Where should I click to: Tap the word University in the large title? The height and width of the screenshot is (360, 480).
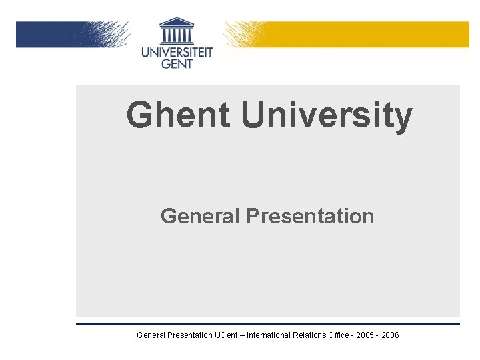[x=327, y=116]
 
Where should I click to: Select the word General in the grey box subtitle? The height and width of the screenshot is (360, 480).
[x=201, y=216]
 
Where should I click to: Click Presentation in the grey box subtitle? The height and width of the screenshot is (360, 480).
[x=310, y=216]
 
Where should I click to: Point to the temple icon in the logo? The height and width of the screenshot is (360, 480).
[x=177, y=31]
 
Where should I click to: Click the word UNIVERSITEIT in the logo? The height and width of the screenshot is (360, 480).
[x=177, y=51]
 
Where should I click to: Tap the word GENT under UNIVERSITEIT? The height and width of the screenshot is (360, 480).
[x=177, y=63]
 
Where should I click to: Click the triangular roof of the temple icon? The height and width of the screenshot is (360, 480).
[x=177, y=22]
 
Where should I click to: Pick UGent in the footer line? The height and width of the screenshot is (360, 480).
[x=229, y=335]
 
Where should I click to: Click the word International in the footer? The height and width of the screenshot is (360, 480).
[x=273, y=335]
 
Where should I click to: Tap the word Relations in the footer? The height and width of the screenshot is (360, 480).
[x=319, y=335]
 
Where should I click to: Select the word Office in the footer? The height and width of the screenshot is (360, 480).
[x=349, y=335]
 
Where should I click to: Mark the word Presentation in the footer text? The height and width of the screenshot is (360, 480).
[x=190, y=335]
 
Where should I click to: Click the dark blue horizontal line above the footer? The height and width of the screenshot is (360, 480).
[x=267, y=324]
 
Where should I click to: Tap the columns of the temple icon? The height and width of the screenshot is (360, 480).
[x=177, y=35]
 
